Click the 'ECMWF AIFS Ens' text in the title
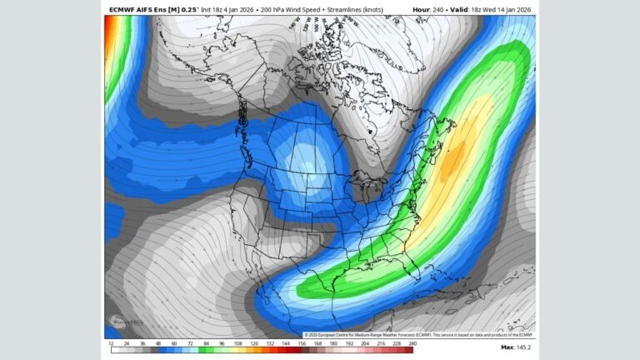(135, 9)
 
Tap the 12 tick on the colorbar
(111, 342)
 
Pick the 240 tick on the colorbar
(412, 342)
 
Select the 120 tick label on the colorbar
(253, 342)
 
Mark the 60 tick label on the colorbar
(174, 342)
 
